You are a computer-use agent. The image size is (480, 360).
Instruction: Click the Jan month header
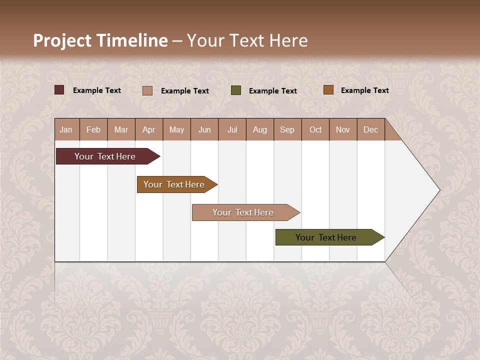(66, 129)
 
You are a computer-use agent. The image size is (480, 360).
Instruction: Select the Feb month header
(93, 129)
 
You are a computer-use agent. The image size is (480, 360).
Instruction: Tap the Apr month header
(149, 129)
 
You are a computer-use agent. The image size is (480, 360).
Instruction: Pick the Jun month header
(204, 129)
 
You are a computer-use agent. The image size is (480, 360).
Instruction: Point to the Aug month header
(260, 129)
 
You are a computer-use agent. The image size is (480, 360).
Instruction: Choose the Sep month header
(287, 129)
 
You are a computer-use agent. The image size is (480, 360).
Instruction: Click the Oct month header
(315, 129)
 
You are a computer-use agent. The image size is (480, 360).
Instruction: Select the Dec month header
(371, 129)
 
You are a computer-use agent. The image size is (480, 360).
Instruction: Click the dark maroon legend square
(59, 90)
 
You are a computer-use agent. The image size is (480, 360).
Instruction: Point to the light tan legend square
(147, 90)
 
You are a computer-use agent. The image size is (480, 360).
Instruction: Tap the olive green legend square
(236, 90)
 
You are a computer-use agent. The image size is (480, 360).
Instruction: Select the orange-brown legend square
(328, 90)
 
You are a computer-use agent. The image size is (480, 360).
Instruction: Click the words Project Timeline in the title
(100, 40)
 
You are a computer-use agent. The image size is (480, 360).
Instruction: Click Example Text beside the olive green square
(273, 91)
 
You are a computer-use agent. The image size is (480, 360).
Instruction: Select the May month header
(176, 129)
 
